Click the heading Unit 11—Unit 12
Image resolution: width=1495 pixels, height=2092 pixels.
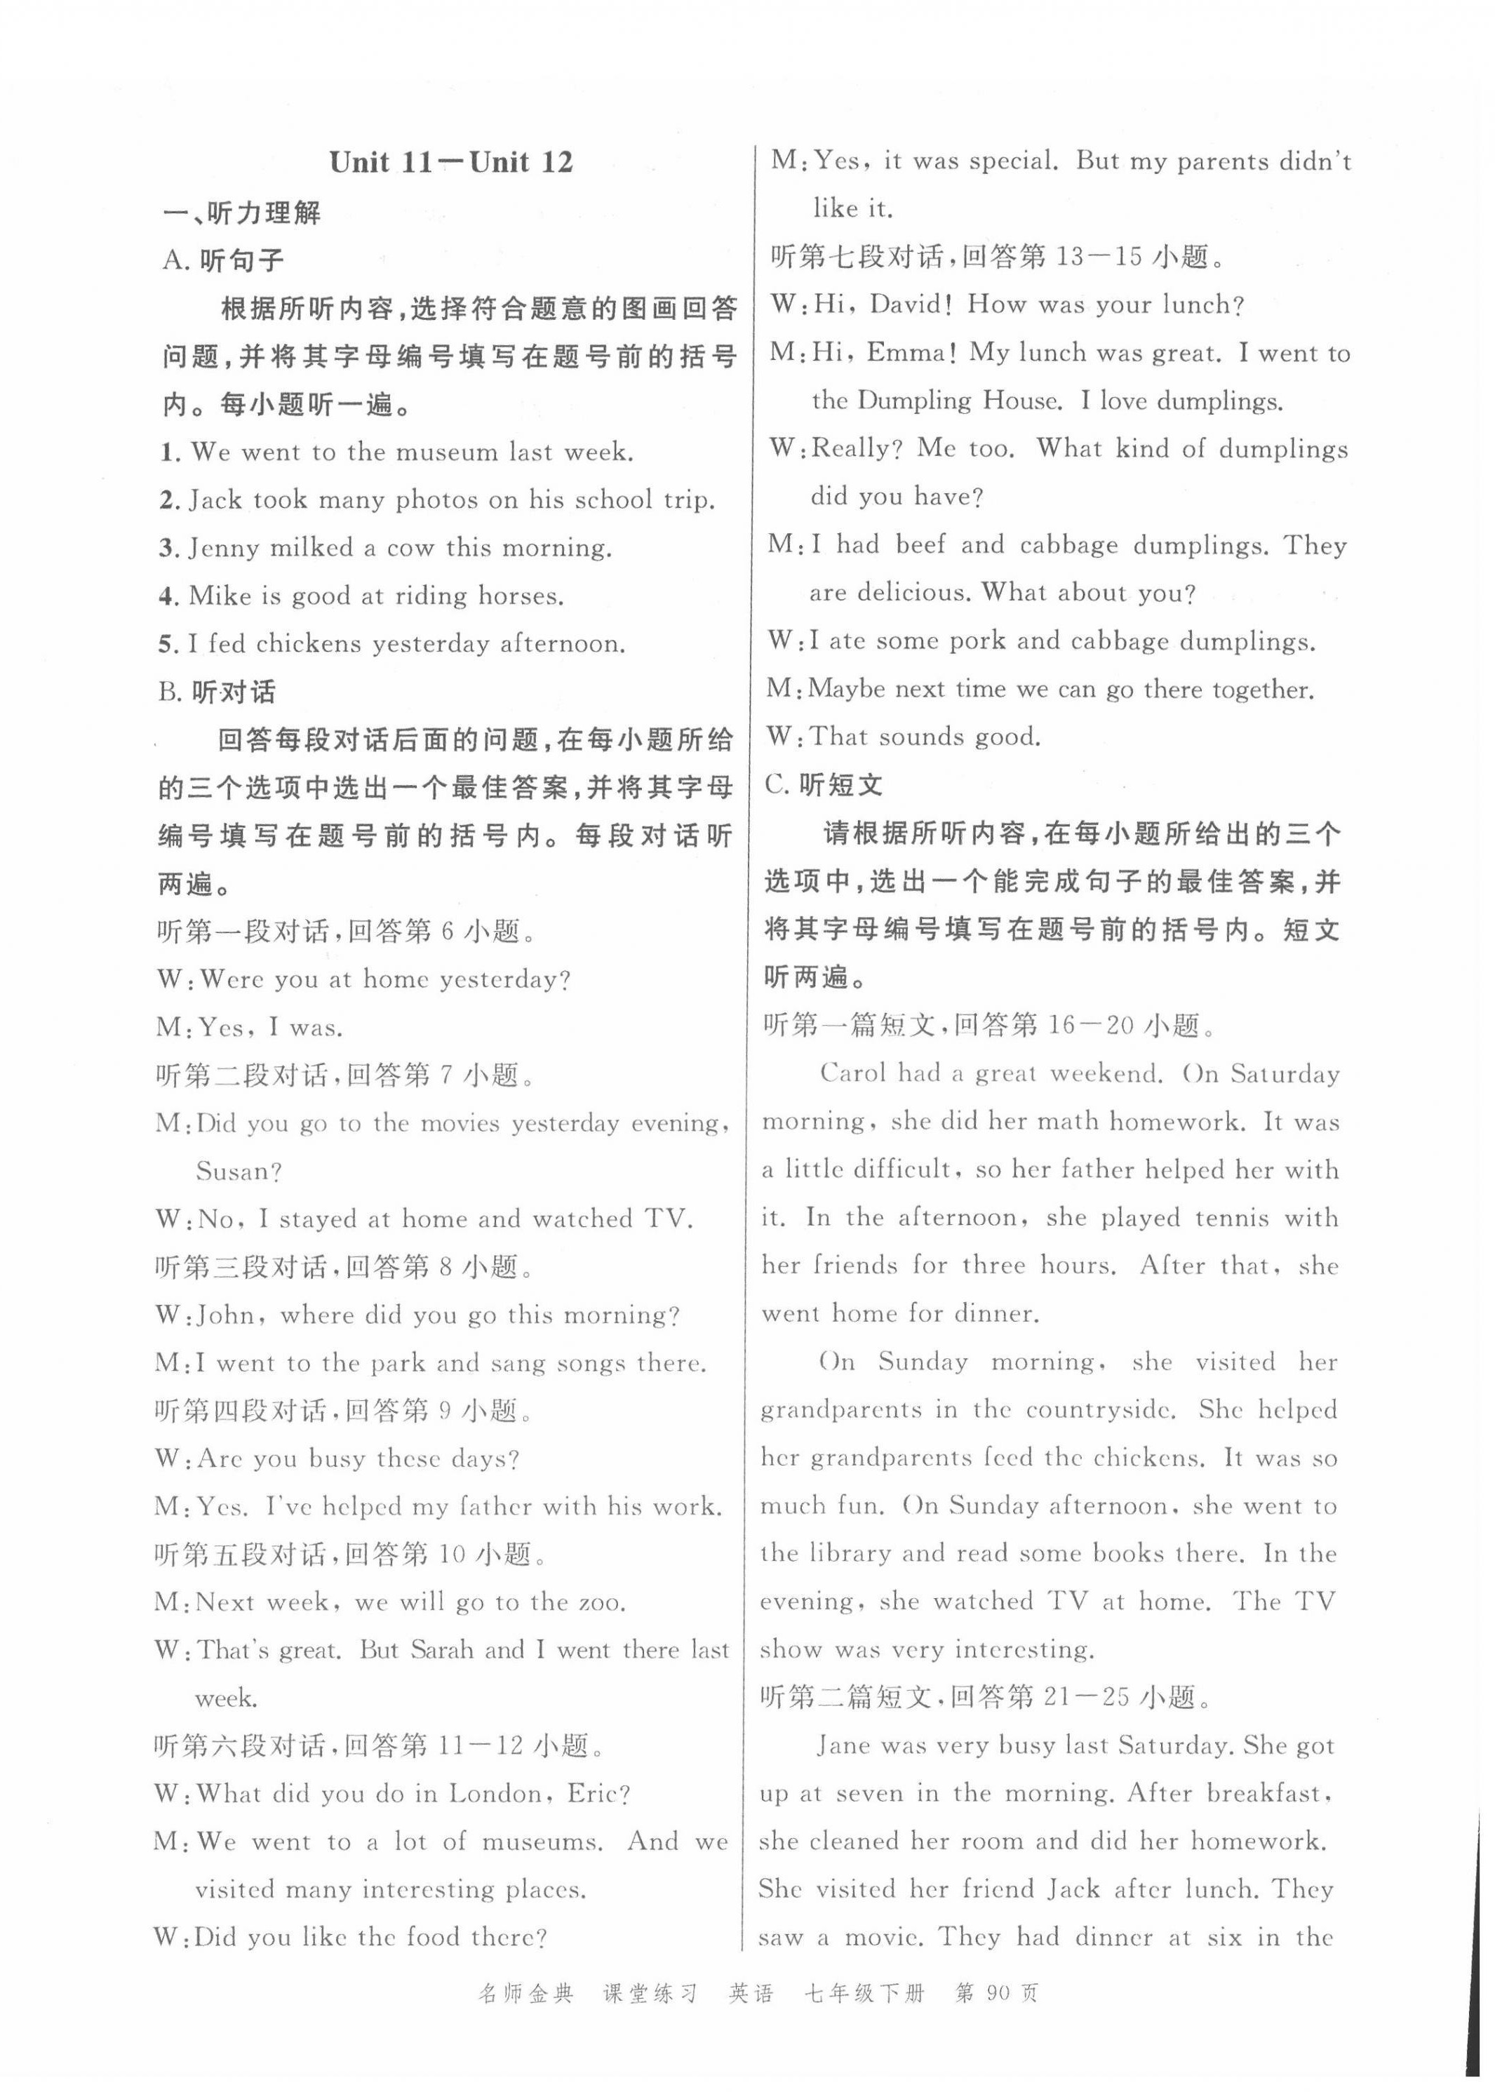(451, 163)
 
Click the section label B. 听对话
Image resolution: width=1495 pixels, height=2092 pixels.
(217, 692)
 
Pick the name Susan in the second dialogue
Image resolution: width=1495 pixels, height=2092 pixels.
(239, 1172)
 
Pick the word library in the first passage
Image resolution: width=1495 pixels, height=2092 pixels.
(850, 1554)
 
